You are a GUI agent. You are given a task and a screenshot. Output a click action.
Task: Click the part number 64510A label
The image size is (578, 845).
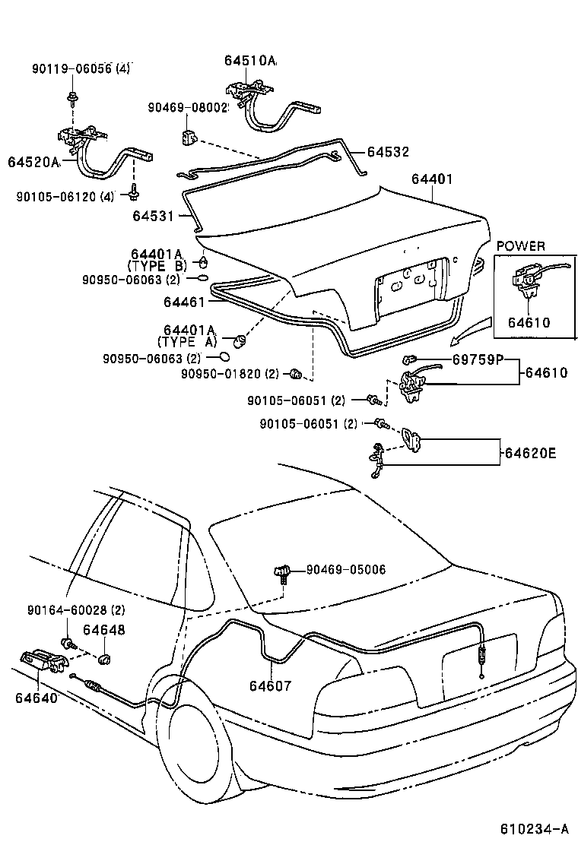(250, 61)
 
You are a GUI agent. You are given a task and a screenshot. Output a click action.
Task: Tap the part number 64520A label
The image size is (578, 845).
(33, 162)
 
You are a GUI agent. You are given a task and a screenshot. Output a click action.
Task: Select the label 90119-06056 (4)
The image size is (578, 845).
(81, 68)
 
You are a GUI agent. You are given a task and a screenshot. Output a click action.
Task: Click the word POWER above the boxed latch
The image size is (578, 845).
(520, 245)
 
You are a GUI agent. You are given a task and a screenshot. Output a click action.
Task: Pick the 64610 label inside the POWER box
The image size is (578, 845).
(529, 323)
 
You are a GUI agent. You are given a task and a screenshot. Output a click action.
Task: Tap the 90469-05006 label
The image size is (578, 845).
(346, 569)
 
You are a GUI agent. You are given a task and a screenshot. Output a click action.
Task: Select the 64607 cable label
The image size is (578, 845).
(270, 685)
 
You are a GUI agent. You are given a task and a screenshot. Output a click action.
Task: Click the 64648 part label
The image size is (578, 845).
(104, 630)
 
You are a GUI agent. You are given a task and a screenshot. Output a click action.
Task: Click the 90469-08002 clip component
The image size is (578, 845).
(188, 138)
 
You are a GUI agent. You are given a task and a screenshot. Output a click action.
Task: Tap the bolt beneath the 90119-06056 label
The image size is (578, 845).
(72, 97)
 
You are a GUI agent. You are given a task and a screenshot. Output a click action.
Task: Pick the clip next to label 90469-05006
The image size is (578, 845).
(284, 571)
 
